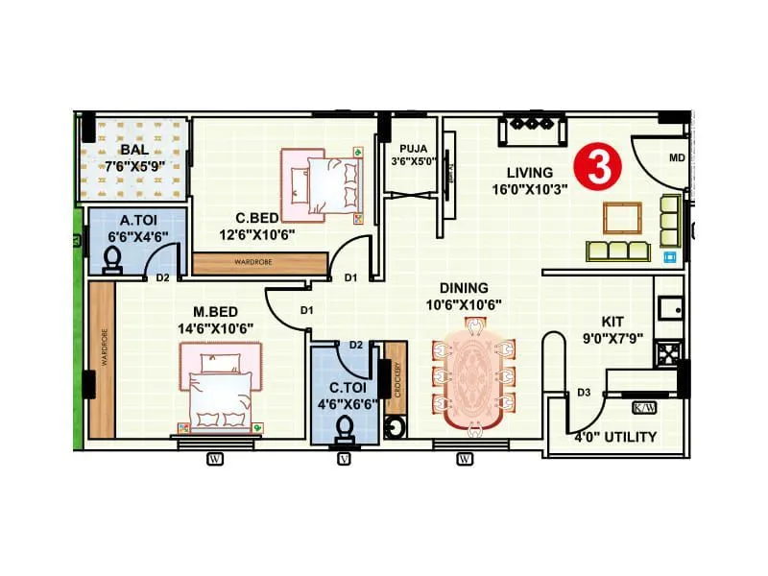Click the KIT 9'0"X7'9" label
(612, 328)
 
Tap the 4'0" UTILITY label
(615, 437)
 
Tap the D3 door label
(584, 393)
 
